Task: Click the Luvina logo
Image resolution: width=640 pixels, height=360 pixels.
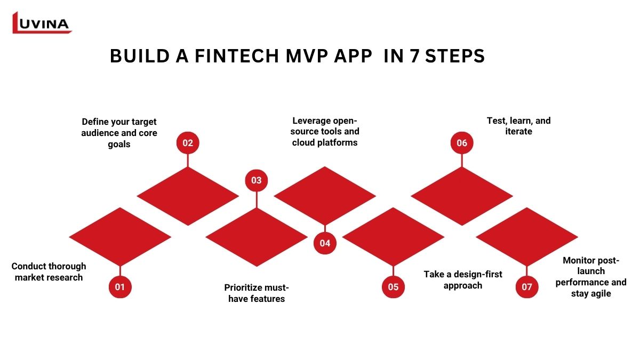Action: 42,23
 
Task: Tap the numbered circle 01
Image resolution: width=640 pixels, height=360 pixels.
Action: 120,287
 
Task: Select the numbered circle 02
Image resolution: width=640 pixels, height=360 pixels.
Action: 188,143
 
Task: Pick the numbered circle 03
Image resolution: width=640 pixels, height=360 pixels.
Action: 257,180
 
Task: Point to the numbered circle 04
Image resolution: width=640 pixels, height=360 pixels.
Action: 325,243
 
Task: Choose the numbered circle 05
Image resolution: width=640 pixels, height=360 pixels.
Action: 393,287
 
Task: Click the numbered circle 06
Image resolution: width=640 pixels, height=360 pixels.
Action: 462,143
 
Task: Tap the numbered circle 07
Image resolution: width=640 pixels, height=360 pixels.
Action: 527,287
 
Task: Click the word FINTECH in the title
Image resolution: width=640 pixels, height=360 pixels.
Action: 237,55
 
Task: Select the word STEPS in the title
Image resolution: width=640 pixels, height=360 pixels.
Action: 455,55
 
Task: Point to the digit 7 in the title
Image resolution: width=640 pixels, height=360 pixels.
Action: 414,55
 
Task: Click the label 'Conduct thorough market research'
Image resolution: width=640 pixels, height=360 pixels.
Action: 49,271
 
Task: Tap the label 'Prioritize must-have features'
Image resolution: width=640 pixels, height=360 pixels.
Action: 257,293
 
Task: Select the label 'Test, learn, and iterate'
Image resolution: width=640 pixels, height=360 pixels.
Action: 518,126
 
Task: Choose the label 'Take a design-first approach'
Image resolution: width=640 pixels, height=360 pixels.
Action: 463,279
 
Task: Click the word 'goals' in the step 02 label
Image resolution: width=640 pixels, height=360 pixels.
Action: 119,145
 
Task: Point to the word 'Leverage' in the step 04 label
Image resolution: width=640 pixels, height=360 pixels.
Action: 310,121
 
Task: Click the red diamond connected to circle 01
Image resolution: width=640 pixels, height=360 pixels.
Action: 120,237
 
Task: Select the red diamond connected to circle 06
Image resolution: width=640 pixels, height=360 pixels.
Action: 462,196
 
